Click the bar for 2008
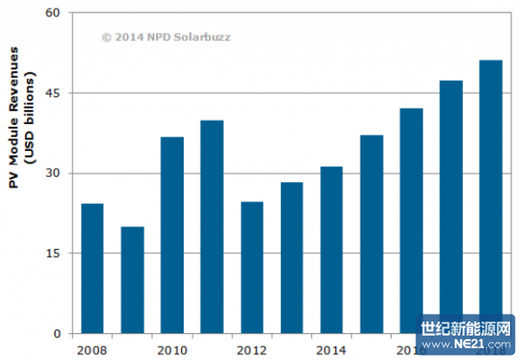click(x=92, y=269)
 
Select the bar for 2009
click(x=132, y=280)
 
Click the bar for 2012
click(x=252, y=268)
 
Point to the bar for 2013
click(x=292, y=258)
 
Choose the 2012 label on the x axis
click(x=252, y=348)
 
